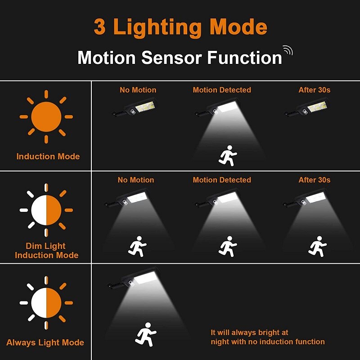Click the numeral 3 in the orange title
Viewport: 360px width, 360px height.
click(100, 27)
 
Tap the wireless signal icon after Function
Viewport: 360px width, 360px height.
click(287, 50)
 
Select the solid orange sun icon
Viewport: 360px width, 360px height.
click(46, 117)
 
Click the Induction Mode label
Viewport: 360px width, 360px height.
click(48, 157)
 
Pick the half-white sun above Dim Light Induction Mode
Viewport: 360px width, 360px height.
click(46, 210)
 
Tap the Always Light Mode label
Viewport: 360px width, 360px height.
click(45, 342)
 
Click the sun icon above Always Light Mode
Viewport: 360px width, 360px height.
click(46, 301)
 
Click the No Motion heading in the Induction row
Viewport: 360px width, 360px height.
click(138, 90)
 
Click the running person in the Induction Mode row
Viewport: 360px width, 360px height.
click(227, 155)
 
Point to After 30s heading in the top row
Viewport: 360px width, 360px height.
click(314, 90)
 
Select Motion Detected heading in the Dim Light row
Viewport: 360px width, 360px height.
click(222, 180)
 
